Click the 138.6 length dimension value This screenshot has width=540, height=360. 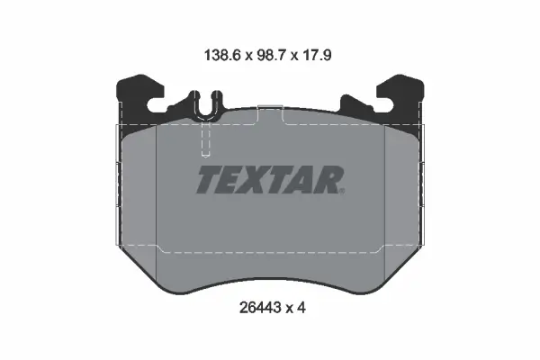[222, 55]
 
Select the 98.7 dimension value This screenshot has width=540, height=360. [272, 55]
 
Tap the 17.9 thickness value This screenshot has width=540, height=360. [317, 55]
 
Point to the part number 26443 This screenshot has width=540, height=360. [260, 308]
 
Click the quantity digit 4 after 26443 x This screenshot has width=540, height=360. [301, 308]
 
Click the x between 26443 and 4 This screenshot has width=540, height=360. [289, 309]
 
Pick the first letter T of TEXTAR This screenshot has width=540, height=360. [208, 179]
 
